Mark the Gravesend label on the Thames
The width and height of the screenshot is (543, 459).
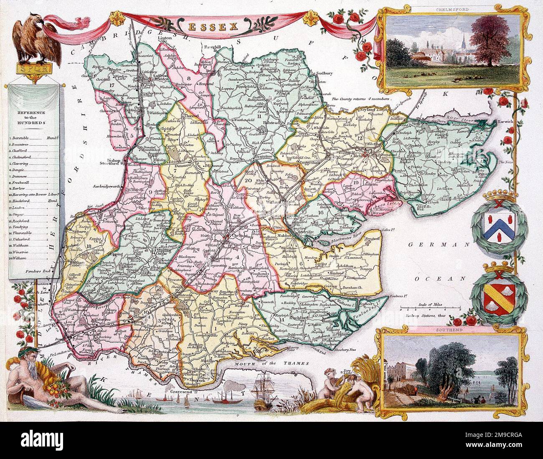(184, 391)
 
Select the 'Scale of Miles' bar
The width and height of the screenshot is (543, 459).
(421, 309)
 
